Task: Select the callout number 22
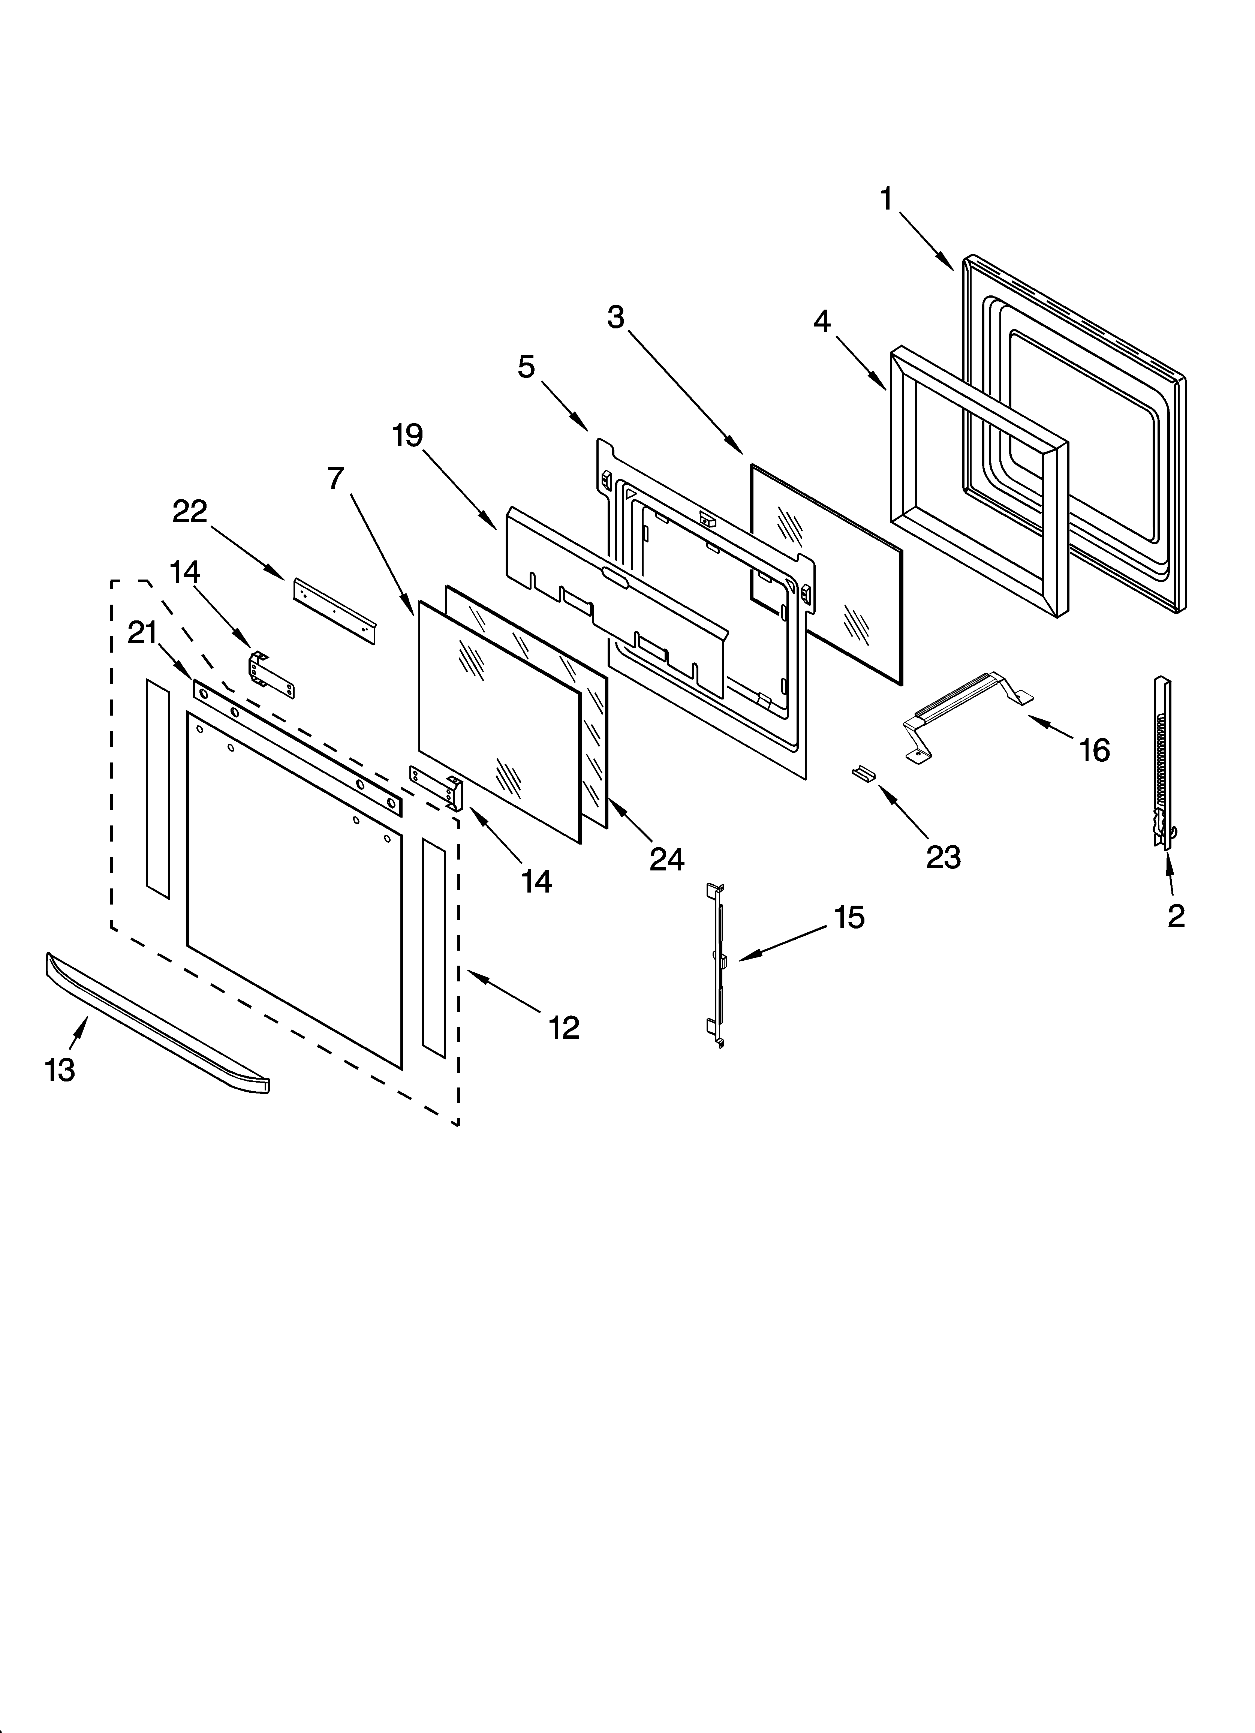pos(190,512)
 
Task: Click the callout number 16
pos(1094,751)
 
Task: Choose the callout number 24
pos(666,860)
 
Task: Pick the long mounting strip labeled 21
pos(297,748)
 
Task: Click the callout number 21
pos(142,634)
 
